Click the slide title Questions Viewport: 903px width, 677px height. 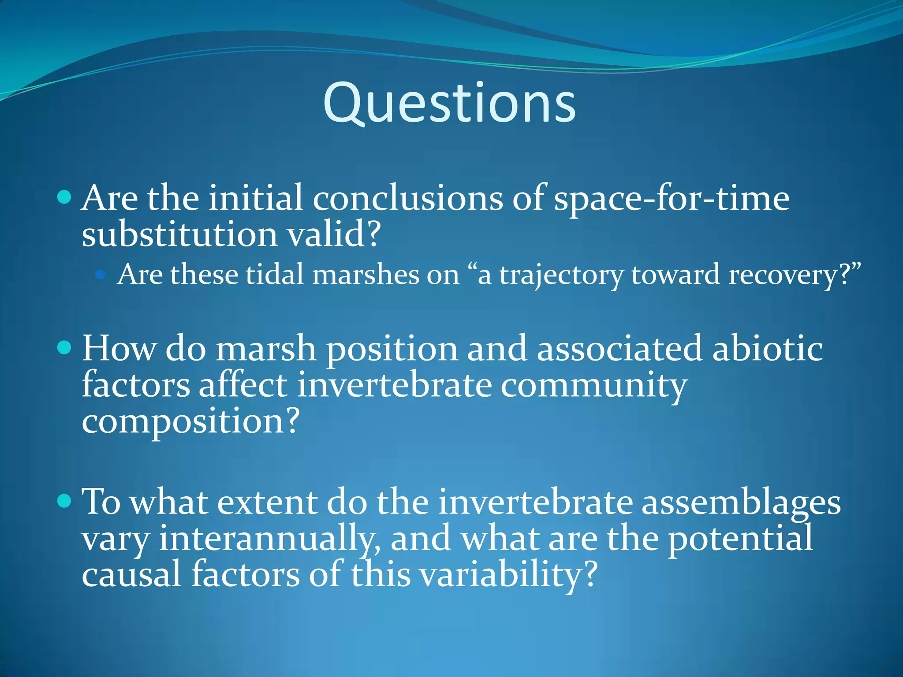(x=449, y=104)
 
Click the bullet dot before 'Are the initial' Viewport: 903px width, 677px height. (x=64, y=197)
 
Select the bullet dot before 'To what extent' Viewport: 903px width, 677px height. (x=64, y=501)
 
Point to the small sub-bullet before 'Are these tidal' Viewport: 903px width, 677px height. (x=101, y=275)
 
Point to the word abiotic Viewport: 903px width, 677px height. (x=767, y=349)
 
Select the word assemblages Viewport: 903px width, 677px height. (x=741, y=502)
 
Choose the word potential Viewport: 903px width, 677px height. (x=741, y=539)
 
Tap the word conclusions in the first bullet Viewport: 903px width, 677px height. (x=408, y=198)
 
